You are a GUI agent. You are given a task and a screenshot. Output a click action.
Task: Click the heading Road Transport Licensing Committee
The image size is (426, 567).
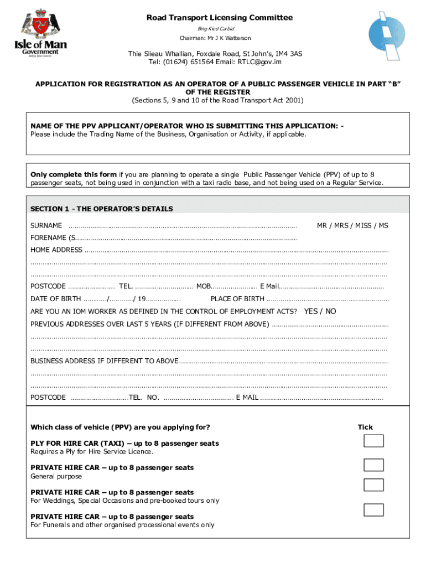coord(220,18)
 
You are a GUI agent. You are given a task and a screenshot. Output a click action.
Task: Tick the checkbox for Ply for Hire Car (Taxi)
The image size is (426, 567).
coord(373,441)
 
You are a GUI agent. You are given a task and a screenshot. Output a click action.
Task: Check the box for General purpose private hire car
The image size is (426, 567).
coord(373,465)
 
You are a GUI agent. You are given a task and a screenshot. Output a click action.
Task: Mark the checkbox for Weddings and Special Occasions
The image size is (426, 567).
coord(373,485)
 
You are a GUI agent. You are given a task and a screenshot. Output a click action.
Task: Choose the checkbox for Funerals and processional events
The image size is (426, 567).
coord(373,510)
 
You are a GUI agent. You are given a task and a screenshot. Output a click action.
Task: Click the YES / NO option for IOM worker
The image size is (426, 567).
coord(320,311)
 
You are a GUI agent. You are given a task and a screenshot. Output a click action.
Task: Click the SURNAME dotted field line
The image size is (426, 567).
coord(183,226)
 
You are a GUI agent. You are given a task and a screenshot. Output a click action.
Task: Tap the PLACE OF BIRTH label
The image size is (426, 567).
coord(237,299)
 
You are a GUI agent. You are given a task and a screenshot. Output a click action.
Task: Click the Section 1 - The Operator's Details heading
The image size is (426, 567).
coord(102,209)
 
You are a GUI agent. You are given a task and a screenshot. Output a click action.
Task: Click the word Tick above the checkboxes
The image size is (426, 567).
coord(365,427)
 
